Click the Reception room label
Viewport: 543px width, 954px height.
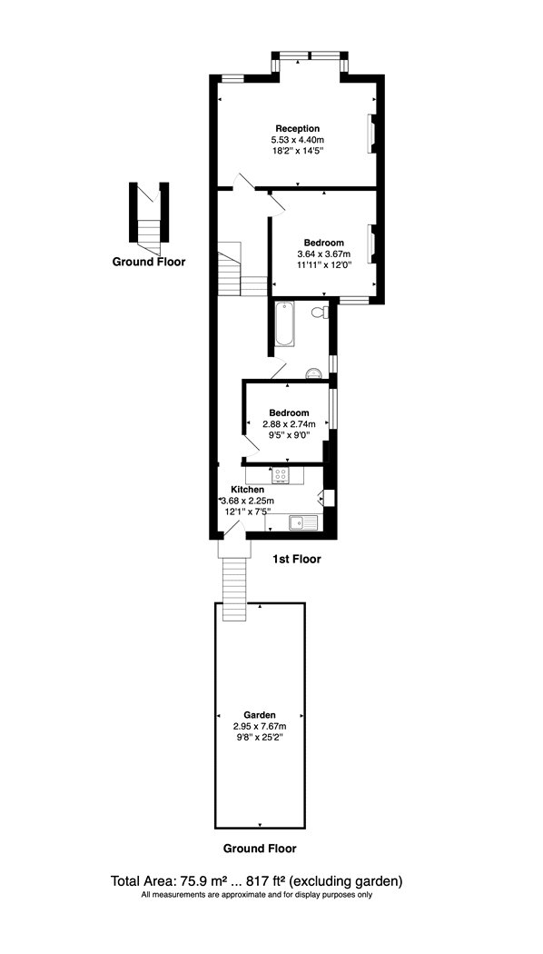(x=297, y=129)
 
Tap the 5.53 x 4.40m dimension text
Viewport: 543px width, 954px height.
(x=297, y=140)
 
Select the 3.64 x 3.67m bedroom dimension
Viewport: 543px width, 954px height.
(x=324, y=253)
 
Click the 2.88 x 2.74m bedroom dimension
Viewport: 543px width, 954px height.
(x=289, y=424)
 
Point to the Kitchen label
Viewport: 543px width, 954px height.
(x=248, y=490)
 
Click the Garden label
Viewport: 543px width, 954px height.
(x=260, y=715)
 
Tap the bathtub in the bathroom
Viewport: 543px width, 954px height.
(x=285, y=323)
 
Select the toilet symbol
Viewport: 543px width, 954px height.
(x=320, y=313)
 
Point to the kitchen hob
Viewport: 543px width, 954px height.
(x=281, y=475)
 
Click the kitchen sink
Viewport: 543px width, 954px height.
(x=302, y=522)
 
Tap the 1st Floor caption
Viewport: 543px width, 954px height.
(x=296, y=559)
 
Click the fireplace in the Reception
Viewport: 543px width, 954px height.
(x=370, y=134)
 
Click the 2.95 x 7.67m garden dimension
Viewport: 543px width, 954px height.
(x=260, y=727)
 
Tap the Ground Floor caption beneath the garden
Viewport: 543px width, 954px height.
(x=260, y=848)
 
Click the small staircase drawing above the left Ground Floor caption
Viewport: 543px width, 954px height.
(x=149, y=218)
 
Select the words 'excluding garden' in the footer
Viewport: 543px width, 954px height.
(x=348, y=880)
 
